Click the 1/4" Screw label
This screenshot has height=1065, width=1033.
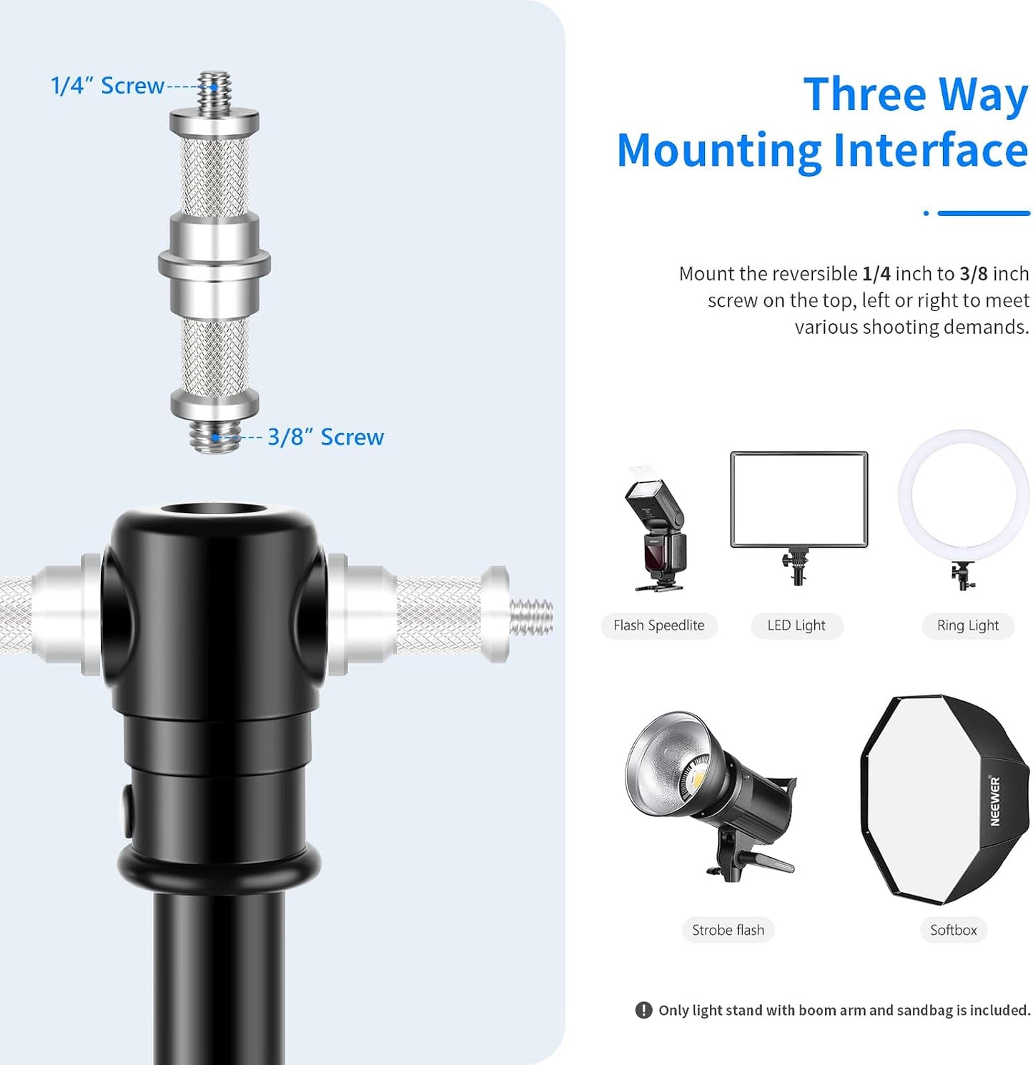point(107,86)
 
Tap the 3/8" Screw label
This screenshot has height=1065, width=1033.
point(326,437)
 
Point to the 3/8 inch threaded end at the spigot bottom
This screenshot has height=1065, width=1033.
point(214,435)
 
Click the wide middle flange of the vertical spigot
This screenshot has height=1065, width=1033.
point(214,264)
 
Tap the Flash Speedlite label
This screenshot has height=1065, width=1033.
point(659,625)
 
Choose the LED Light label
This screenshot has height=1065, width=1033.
point(796,625)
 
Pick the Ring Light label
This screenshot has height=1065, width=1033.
point(968,625)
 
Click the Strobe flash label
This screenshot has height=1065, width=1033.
point(728,930)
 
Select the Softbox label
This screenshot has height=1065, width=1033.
point(953,930)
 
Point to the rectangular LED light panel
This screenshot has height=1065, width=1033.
point(799,500)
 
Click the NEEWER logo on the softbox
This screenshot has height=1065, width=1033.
point(994,801)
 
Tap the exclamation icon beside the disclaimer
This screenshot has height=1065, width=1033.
point(643,1010)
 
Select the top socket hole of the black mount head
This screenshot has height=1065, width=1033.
point(214,510)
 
